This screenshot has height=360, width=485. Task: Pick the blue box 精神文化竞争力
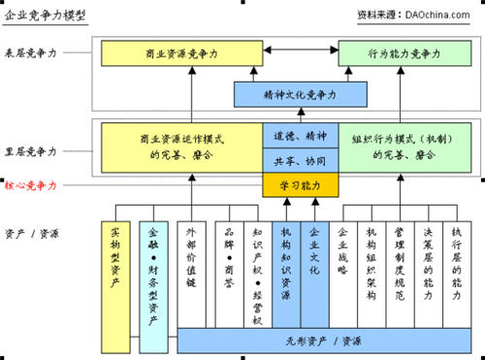point(300,95)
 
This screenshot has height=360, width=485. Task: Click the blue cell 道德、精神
point(300,137)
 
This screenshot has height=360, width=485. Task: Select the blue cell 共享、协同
point(300,158)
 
